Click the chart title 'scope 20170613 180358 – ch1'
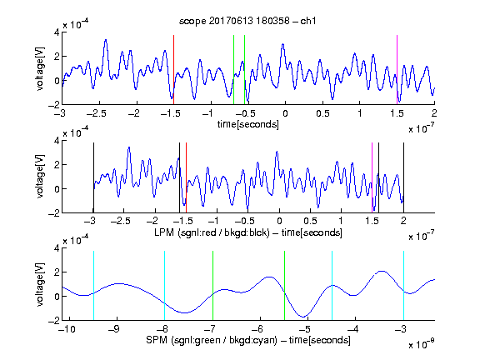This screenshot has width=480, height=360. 247,21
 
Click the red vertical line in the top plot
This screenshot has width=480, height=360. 173,70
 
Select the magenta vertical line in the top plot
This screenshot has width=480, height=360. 397,70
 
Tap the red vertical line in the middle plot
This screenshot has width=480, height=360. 186,177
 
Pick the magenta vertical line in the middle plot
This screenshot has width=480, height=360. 372,177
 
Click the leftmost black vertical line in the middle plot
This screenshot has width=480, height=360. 93,177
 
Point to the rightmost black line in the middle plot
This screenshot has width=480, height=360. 403,177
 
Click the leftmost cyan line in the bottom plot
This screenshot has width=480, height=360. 93,286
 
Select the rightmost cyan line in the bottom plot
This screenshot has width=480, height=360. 403,286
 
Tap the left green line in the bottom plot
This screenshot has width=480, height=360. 212,286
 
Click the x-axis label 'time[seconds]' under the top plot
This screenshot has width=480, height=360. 248,125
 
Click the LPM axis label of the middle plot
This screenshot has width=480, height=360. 248,232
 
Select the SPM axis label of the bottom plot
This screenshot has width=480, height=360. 248,340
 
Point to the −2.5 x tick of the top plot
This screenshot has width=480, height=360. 97,113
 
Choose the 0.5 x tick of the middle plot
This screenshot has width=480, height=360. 310,221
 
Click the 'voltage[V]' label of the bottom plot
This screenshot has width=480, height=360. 40,285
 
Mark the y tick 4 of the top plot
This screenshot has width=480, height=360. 57,32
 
